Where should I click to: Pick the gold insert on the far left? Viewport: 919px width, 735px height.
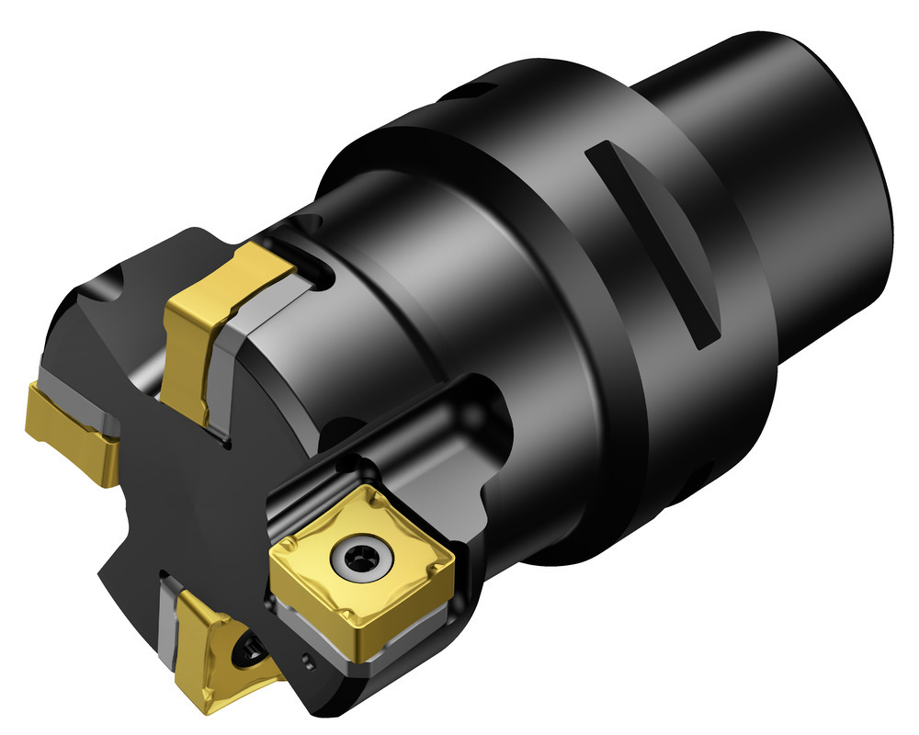[x=69, y=427]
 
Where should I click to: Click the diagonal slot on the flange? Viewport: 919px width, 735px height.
[x=654, y=243]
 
